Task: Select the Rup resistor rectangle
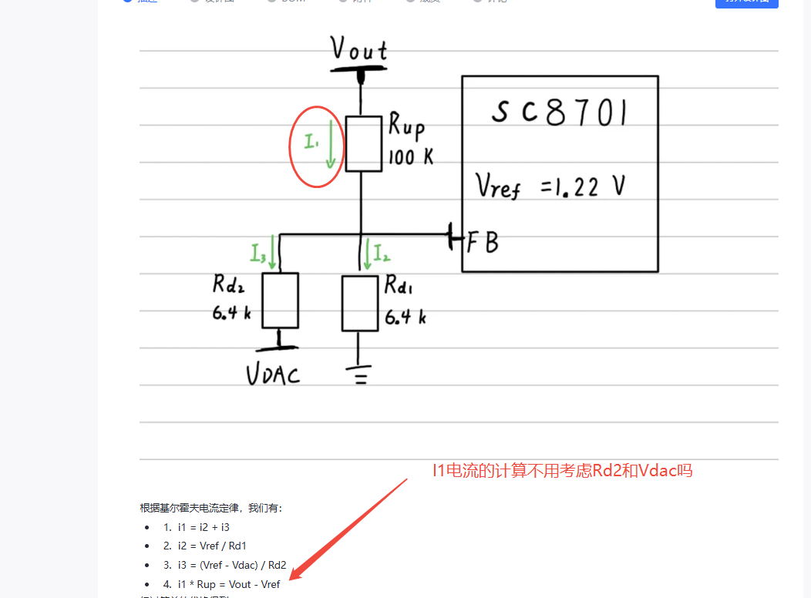pos(364,143)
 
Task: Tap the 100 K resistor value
pos(410,157)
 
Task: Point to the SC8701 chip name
pos(559,113)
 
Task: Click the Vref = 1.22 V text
pos(549,186)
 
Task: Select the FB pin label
pos(483,243)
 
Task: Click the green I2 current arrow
pos(367,253)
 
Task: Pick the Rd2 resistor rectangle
pos(281,301)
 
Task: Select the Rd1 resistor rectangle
pos(361,303)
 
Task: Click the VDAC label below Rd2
pos(273,375)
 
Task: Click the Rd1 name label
pos(399,287)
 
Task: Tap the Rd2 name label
pos(230,284)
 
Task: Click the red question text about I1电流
pos(562,470)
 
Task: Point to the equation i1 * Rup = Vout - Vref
pos(228,584)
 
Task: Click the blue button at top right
pos(746,2)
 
